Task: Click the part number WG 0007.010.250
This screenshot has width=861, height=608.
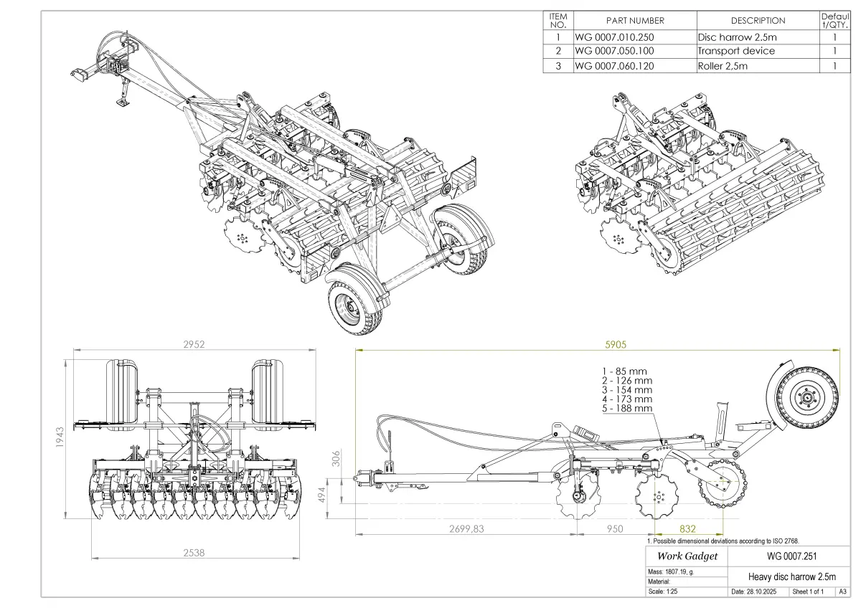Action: [614, 36]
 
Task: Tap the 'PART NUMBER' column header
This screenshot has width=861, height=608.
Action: [635, 21]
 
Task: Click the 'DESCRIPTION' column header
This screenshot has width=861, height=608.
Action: [758, 21]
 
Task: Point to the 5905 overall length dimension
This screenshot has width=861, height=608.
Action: [616, 344]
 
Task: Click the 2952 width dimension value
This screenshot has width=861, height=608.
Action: [194, 344]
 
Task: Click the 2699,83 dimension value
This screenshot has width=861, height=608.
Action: [466, 529]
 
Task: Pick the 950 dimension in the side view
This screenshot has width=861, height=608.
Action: [615, 529]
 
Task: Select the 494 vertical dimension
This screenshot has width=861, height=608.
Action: [342, 494]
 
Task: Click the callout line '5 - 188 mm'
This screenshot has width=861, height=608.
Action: [626, 408]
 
